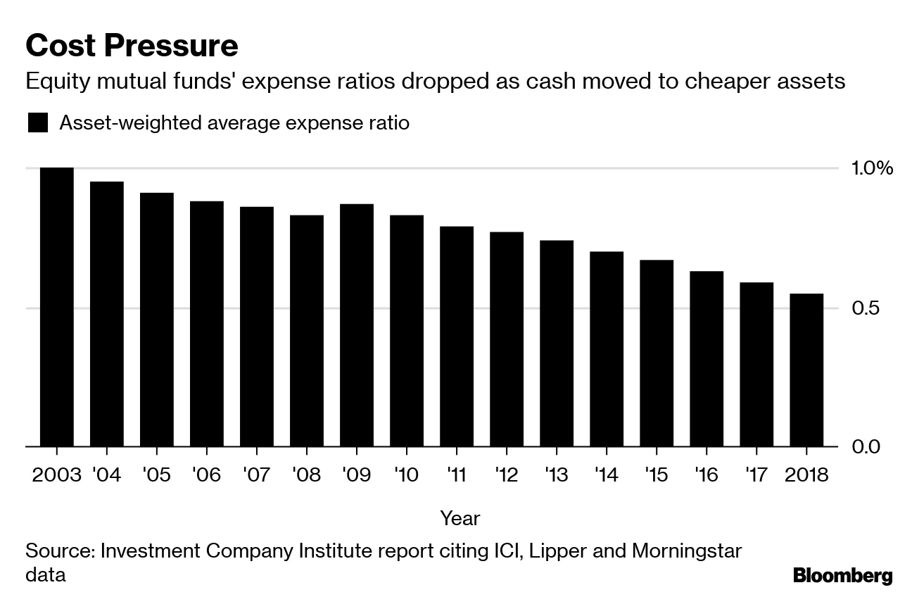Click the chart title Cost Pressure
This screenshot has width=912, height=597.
[132, 46]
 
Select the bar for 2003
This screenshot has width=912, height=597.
[57, 307]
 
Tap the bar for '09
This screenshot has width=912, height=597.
[357, 325]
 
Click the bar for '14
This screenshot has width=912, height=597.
[607, 349]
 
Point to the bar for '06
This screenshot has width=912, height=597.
[207, 324]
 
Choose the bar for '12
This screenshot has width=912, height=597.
[507, 339]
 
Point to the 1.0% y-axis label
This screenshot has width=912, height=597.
[872, 168]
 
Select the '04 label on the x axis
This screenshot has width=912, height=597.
[107, 475]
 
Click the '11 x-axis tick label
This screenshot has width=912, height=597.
[457, 475]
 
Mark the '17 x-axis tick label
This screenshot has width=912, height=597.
[756, 475]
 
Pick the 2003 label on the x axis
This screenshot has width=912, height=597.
[57, 475]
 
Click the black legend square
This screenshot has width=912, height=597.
[38, 123]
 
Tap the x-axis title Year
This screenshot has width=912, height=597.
[460, 519]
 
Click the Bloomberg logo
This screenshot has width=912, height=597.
[842, 576]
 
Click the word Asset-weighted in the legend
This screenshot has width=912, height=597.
[116, 123]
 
